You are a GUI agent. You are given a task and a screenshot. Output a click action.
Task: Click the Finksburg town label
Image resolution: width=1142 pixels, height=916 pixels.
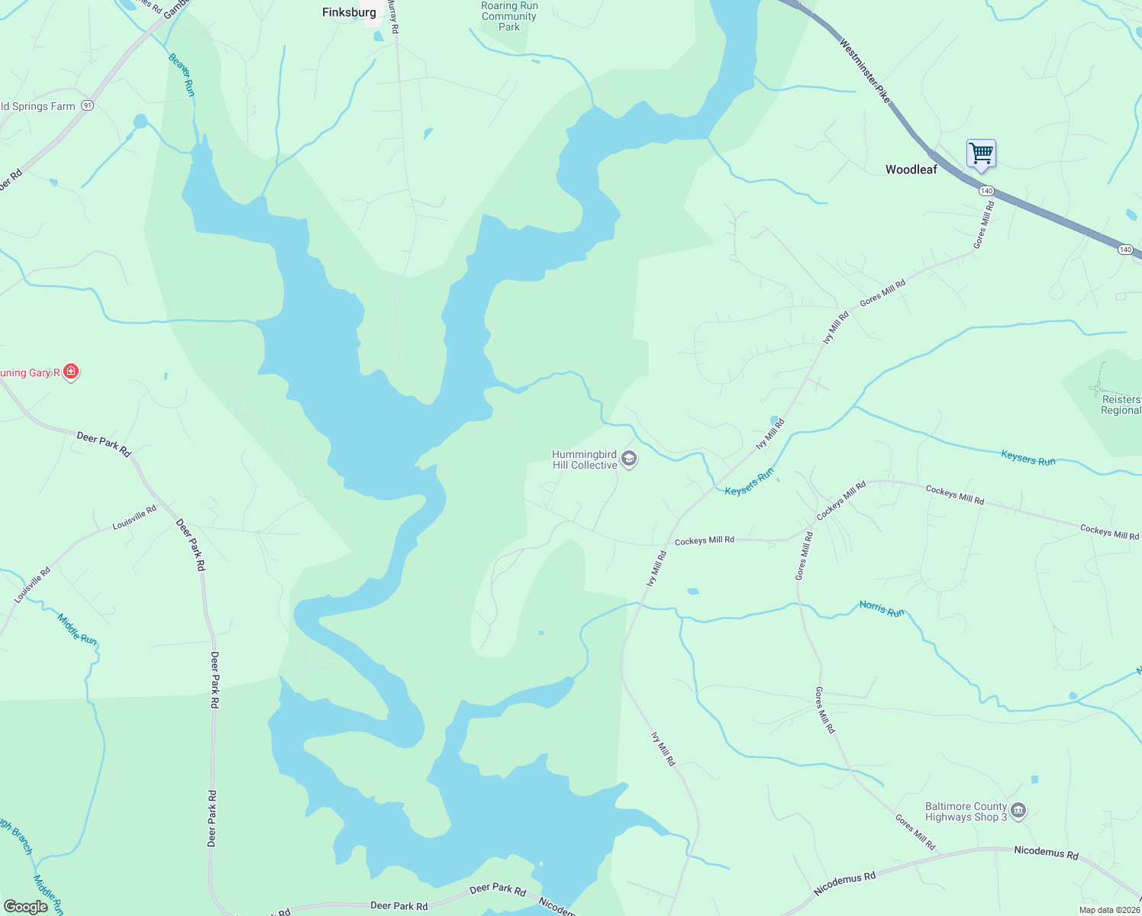tap(349, 12)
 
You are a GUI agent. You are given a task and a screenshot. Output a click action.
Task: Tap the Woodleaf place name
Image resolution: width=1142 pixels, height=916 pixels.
tap(911, 169)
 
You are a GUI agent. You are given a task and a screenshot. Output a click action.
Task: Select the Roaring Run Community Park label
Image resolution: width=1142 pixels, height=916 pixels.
tap(509, 16)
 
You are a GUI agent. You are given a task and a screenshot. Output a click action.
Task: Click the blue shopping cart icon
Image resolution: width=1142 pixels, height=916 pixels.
tap(981, 153)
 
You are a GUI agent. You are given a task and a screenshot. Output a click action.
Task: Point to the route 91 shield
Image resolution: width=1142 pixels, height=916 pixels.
tap(88, 106)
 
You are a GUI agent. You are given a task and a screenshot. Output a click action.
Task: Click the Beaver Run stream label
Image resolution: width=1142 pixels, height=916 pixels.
tap(182, 75)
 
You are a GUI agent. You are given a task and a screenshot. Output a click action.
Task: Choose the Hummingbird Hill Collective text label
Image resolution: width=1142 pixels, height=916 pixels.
tap(584, 460)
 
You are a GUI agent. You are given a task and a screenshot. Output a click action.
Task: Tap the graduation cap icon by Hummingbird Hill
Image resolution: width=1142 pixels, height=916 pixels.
tap(629, 459)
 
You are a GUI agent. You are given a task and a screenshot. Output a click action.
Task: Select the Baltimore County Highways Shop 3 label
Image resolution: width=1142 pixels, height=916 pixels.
tap(966, 811)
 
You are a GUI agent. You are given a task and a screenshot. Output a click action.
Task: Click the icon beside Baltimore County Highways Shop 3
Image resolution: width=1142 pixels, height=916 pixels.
tap(1018, 811)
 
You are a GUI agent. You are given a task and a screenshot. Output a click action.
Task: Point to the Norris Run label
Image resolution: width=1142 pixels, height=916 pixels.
tap(882, 608)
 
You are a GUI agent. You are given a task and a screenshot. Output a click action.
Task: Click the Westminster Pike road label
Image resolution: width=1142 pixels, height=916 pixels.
tap(865, 71)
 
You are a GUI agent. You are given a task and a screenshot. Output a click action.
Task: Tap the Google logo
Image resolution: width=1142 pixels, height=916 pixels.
tap(25, 907)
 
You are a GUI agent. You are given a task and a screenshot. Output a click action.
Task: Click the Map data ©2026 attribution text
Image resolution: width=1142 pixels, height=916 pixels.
tap(1109, 910)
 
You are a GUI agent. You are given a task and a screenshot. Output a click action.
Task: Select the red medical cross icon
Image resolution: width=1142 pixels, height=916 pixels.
tap(71, 372)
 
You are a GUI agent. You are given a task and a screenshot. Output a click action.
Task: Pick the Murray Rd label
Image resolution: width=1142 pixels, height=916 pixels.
tap(394, 16)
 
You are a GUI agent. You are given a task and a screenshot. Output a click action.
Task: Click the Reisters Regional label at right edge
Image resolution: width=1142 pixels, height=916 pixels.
tap(1121, 405)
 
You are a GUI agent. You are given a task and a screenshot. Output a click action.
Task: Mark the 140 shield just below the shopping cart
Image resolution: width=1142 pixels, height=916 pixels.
tap(986, 190)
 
